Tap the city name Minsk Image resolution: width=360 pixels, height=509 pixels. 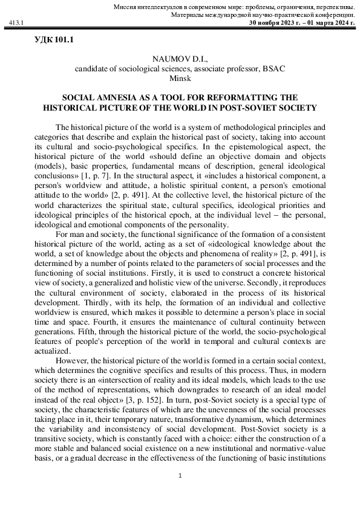pos(180,78)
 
